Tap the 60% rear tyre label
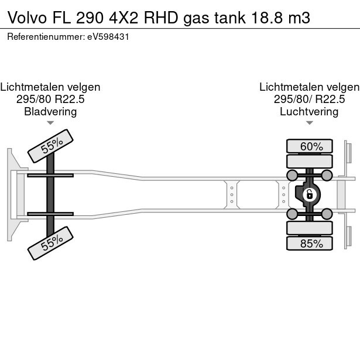309,146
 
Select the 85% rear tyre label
309,244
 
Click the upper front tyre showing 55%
52,146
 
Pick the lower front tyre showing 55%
52,243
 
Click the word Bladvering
50,112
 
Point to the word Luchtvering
309,112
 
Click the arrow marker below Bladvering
50,123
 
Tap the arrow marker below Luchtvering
309,123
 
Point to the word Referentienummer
43,36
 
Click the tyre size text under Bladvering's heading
50,100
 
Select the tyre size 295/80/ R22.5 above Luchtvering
309,100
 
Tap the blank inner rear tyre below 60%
309,161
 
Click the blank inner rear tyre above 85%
309,228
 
